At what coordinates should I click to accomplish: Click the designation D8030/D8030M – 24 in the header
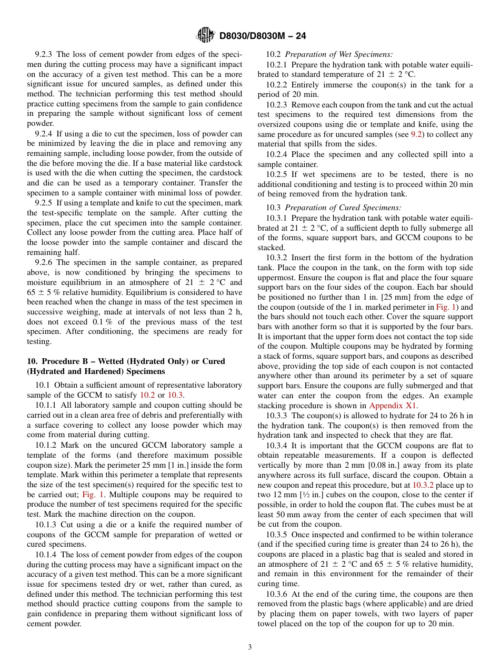coord(262,36)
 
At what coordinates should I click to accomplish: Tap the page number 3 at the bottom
coord(250,647)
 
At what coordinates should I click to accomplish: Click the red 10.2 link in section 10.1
coord(146,395)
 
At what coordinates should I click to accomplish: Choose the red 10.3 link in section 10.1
coord(175,395)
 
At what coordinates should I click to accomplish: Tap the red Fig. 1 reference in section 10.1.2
coord(93,495)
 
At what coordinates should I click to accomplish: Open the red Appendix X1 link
coord(393,406)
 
